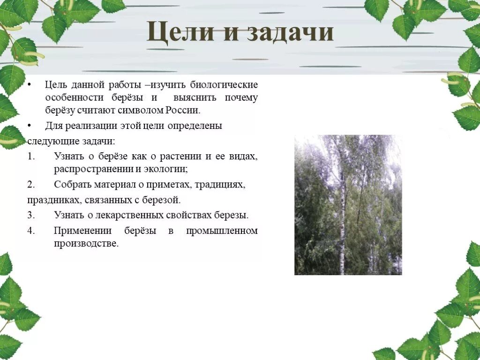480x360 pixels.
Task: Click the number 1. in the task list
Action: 31,156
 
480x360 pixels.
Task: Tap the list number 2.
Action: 31,184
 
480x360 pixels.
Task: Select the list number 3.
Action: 31,215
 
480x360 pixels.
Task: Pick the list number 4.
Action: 31,231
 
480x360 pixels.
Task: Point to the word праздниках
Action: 54,200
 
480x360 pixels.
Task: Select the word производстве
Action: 86,243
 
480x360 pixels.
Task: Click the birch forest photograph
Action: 348,205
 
